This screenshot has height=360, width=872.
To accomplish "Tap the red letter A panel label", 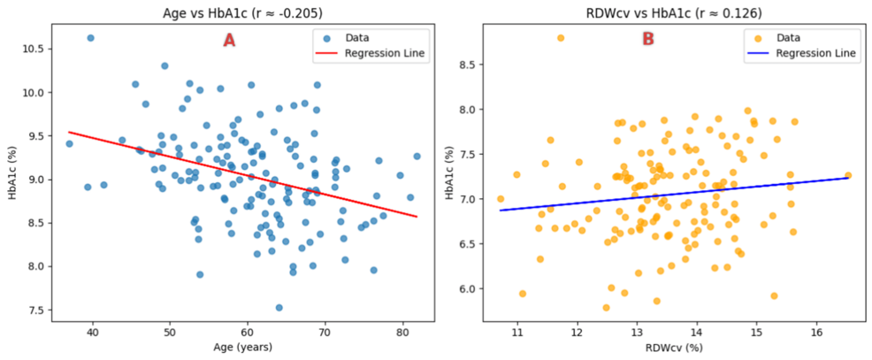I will (x=229, y=40).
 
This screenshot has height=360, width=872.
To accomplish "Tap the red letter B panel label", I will (x=648, y=40).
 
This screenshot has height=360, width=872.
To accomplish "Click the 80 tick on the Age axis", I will (x=402, y=333).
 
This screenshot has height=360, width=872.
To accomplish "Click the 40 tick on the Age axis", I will (x=93, y=333).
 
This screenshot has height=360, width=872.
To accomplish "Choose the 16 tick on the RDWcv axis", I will (x=817, y=333).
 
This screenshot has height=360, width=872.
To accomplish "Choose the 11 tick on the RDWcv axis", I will (x=517, y=333).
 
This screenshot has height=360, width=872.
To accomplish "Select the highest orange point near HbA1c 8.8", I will (x=561, y=38).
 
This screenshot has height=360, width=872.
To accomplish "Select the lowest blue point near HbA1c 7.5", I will (x=279, y=308).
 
